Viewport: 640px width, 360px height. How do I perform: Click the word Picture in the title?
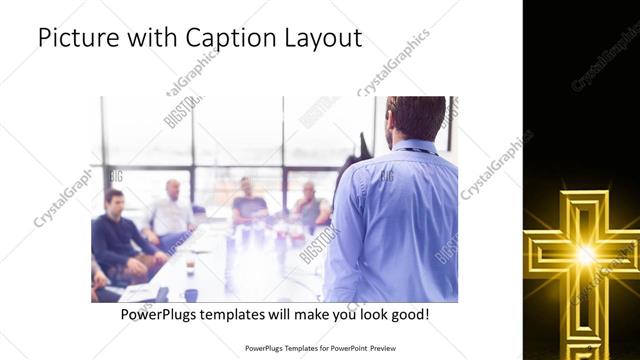click(x=75, y=39)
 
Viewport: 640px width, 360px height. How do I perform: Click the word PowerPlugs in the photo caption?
click(x=159, y=314)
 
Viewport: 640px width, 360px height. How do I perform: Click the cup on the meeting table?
click(x=190, y=267)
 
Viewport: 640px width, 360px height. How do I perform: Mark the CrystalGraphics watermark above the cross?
click(x=606, y=60)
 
